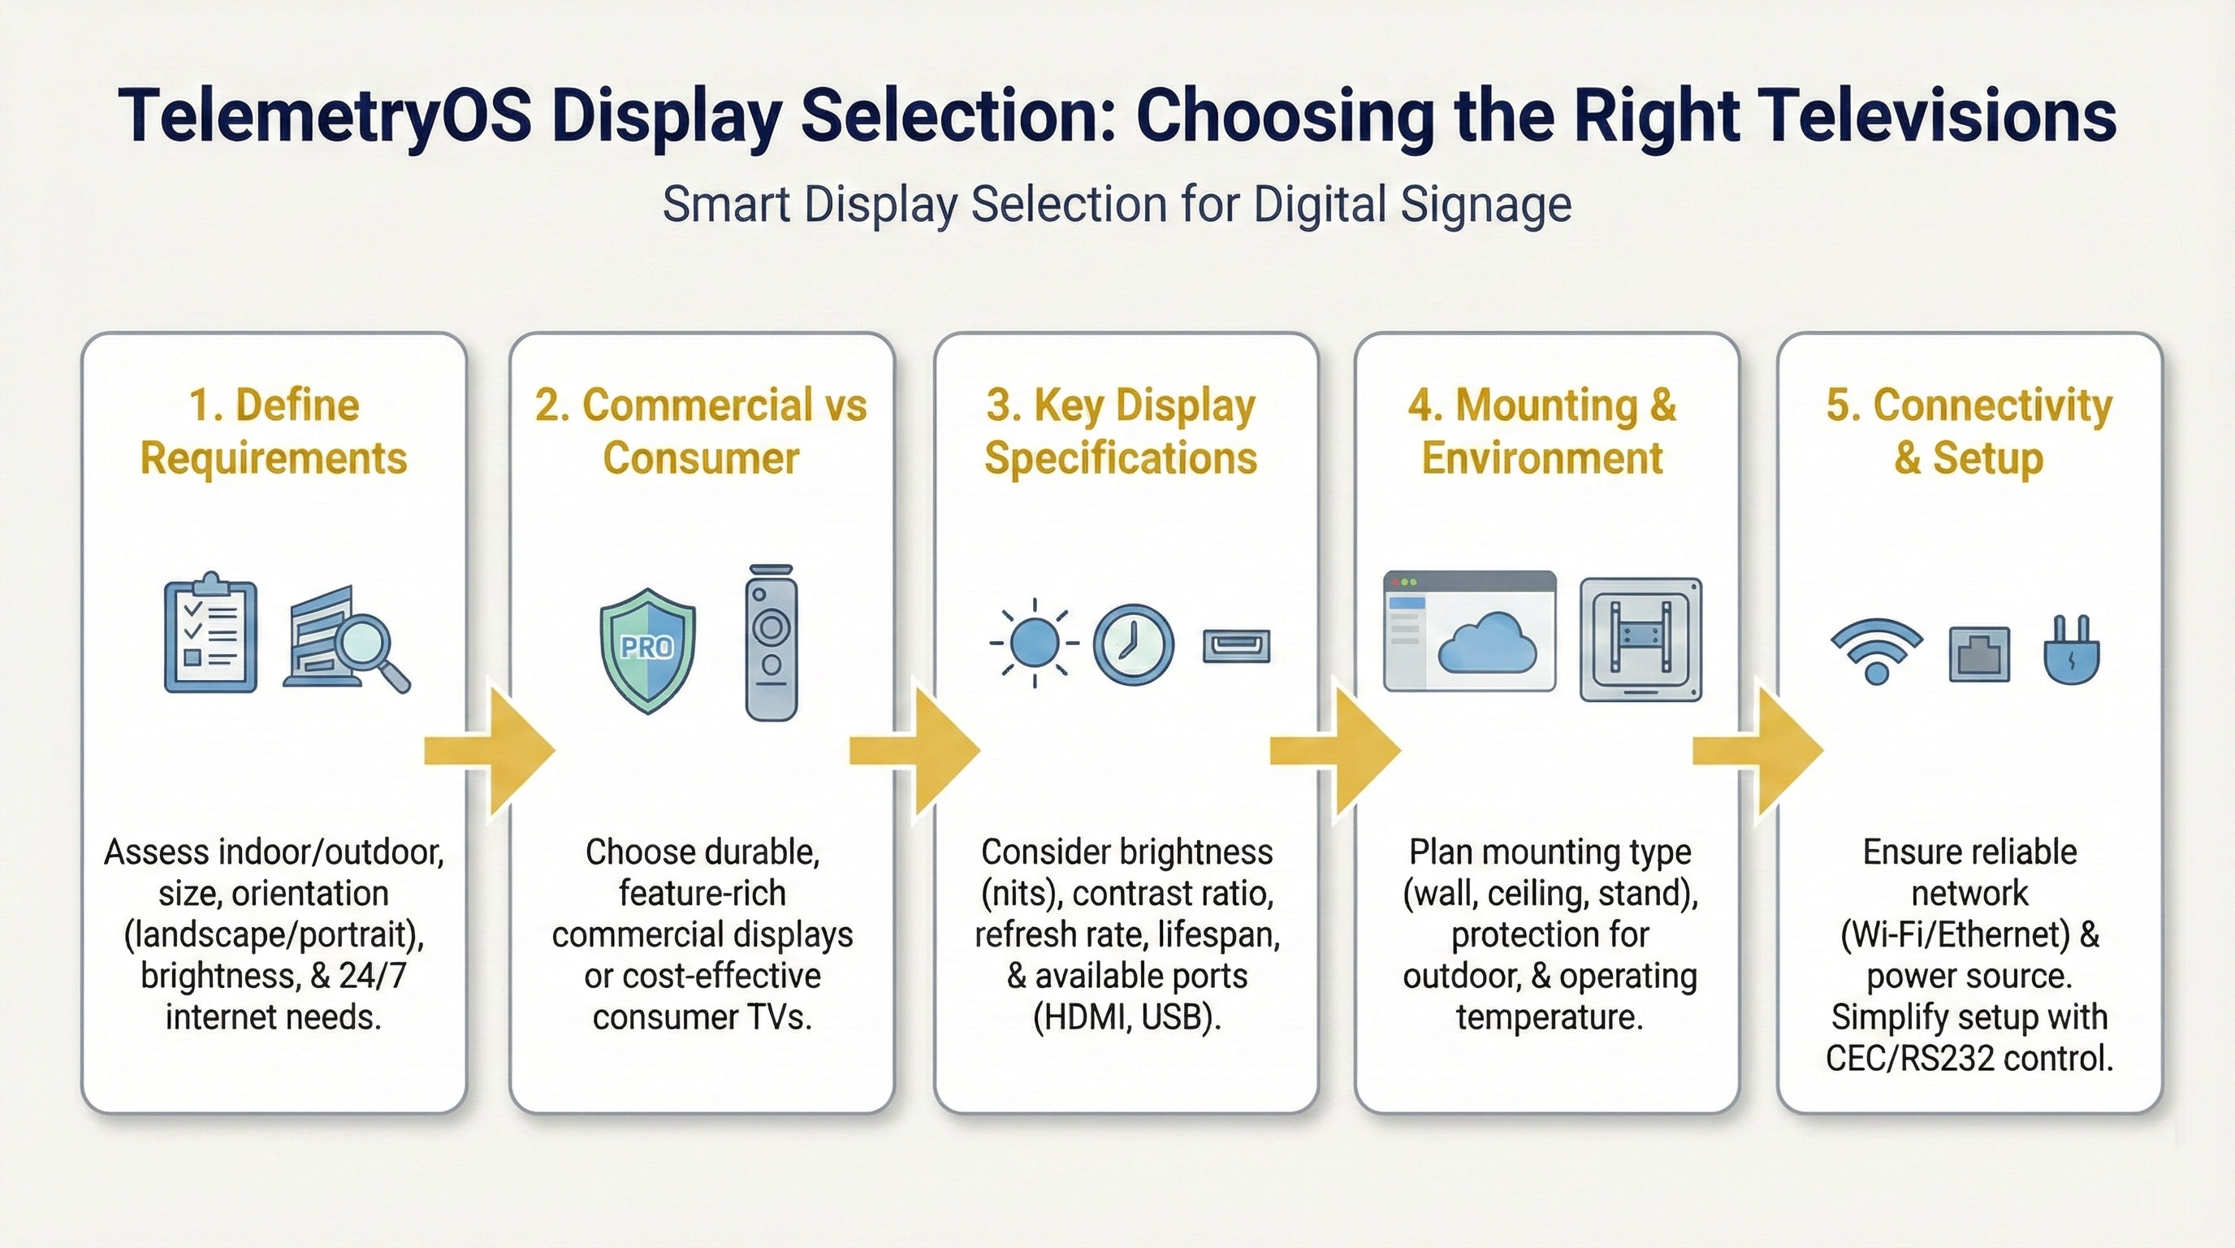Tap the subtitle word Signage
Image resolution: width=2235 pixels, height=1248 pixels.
(1486, 206)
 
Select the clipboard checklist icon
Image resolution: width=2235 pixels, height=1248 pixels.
(211, 631)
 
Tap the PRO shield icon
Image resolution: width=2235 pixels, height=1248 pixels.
(647, 650)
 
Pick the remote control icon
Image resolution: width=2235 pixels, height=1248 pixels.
(771, 642)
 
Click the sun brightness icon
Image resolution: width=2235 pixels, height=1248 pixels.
(1034, 643)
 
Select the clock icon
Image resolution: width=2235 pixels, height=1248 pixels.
(1133, 645)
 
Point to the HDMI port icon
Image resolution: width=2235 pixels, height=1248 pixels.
(1236, 647)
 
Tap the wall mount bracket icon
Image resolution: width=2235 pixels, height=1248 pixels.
(1641, 639)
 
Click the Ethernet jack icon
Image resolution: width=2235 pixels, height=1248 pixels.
(1979, 653)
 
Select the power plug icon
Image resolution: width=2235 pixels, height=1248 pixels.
(2072, 650)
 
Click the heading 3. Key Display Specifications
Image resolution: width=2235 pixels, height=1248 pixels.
(1121, 431)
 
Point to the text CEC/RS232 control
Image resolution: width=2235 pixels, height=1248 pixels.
(1969, 1058)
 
